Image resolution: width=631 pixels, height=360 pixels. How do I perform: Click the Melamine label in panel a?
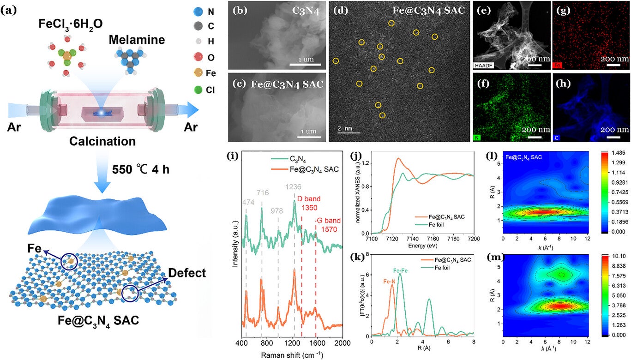[x=137, y=40]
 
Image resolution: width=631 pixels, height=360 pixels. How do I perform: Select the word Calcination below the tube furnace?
[x=102, y=141]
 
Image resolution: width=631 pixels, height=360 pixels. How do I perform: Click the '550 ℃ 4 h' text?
[x=141, y=169]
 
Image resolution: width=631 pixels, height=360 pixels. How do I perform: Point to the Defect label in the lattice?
[x=187, y=273]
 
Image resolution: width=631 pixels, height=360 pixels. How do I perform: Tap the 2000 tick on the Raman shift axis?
[x=342, y=344]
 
